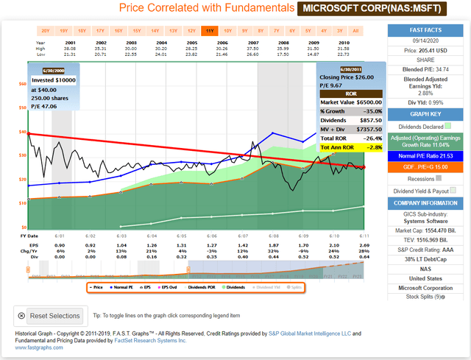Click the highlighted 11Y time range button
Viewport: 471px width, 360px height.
pyautogui.click(x=210, y=31)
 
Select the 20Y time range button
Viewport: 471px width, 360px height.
pyautogui.click(x=46, y=31)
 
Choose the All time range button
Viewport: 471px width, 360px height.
pyautogui.click(x=355, y=31)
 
